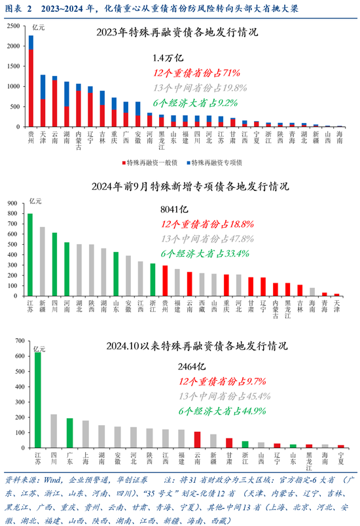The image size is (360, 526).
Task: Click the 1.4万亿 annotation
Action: pyautogui.click(x=168, y=58)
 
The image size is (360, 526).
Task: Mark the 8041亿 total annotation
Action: pyautogui.click(x=174, y=209)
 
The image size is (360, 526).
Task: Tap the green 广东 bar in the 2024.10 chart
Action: pyautogui.click(x=69, y=433)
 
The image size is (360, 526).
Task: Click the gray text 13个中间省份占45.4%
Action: pyautogui.click(x=222, y=396)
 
